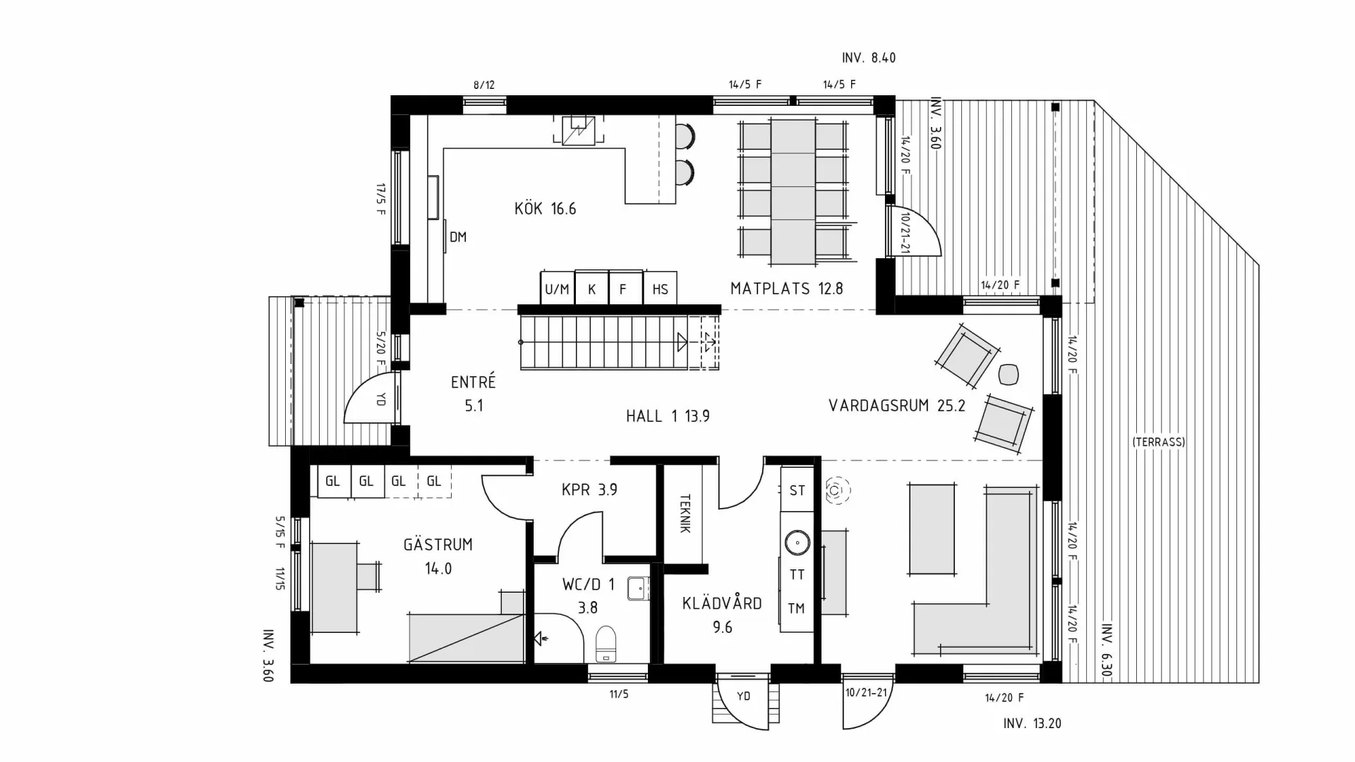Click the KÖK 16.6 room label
click(x=545, y=209)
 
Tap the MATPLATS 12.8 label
click(x=786, y=289)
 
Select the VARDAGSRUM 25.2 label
click(x=896, y=406)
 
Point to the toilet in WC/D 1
click(x=606, y=643)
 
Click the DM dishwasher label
click(x=458, y=237)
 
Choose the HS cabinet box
click(x=660, y=289)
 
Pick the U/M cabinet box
click(x=557, y=289)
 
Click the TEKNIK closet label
click(x=684, y=513)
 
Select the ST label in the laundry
click(x=797, y=490)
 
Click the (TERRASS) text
click(x=1158, y=442)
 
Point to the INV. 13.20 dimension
click(x=1032, y=723)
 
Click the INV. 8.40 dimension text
click(x=868, y=58)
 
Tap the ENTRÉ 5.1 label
click(x=474, y=393)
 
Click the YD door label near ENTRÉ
click(x=380, y=399)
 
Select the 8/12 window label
click(x=483, y=85)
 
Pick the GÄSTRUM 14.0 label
click(x=438, y=556)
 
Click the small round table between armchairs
click(x=1008, y=374)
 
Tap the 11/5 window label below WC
click(x=618, y=694)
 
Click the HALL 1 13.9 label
click(x=667, y=416)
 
